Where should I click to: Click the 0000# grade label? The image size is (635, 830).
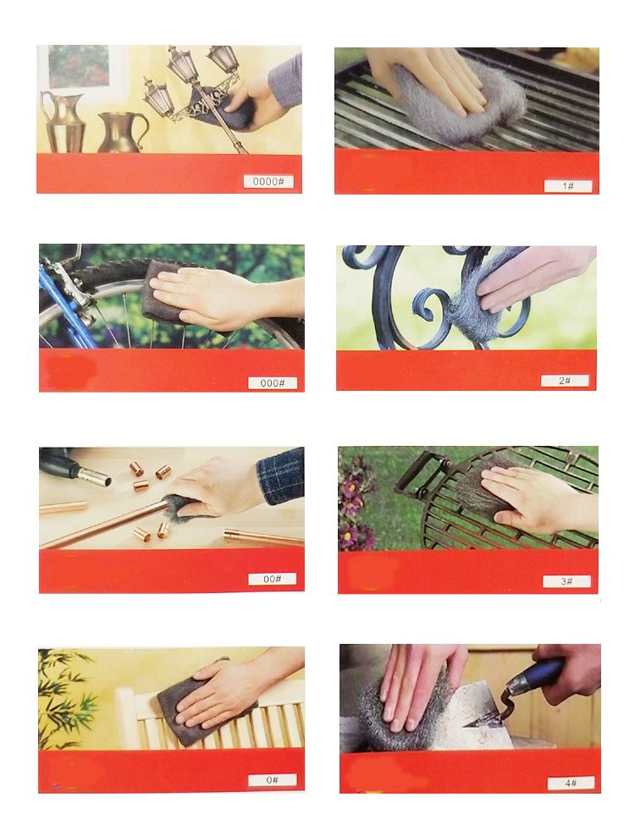(x=268, y=182)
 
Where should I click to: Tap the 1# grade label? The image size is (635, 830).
(x=568, y=186)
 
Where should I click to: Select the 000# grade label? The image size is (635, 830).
(x=273, y=382)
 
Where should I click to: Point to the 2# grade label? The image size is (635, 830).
(x=565, y=381)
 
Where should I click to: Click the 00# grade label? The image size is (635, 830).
(x=273, y=579)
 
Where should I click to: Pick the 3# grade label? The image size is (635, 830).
(x=566, y=581)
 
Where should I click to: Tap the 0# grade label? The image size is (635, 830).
(x=273, y=780)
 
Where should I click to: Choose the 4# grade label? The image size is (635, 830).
(x=571, y=783)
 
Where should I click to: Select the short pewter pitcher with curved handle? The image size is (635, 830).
(x=122, y=132)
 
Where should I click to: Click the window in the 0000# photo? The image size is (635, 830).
(x=80, y=67)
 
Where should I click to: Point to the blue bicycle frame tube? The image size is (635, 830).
(x=66, y=307)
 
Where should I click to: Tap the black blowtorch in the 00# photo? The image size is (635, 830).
(x=75, y=467)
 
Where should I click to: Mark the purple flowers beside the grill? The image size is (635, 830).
(x=356, y=500)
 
